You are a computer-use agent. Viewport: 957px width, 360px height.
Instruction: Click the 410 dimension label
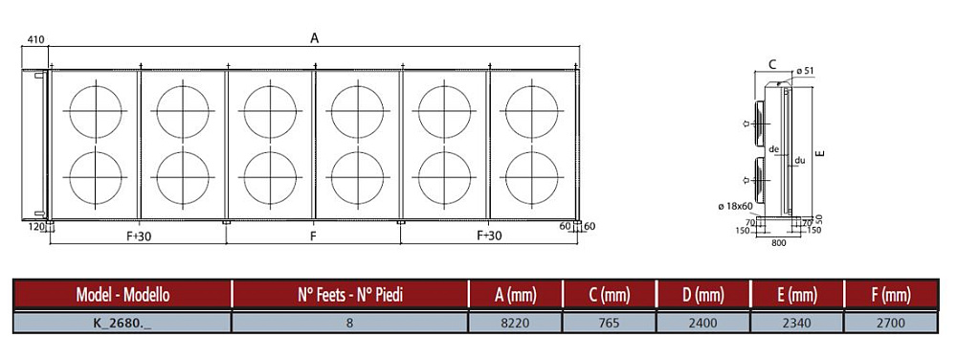coord(35,39)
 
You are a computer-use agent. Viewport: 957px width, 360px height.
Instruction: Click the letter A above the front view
coord(314,38)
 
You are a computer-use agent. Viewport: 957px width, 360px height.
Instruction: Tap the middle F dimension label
coord(313,236)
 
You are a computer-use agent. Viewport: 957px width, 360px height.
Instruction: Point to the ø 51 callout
coord(805,72)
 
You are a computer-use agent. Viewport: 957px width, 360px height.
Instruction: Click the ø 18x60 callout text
coord(736,208)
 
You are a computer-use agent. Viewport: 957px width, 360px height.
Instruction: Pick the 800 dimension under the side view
coord(779,243)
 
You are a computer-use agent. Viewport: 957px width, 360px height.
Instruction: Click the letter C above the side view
coord(772,64)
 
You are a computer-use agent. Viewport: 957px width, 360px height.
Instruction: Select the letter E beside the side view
coord(821,152)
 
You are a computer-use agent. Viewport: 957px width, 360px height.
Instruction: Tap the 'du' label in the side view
coord(800,161)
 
